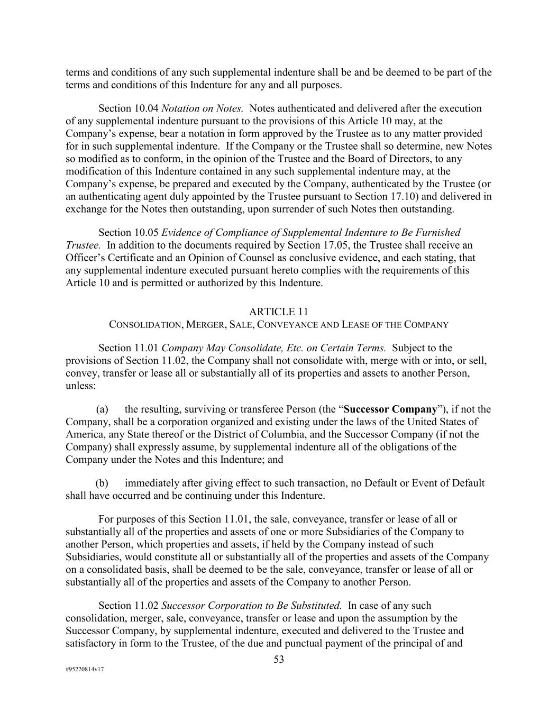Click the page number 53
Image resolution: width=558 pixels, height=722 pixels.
[x=279, y=659]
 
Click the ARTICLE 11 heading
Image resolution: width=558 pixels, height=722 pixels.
[x=279, y=312]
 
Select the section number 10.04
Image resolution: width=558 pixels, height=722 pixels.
[x=145, y=108]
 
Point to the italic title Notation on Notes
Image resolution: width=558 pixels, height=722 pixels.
[x=202, y=108]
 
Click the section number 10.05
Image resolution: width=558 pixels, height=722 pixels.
[x=145, y=233]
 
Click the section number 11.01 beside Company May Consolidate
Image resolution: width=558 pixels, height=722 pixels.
[x=145, y=348]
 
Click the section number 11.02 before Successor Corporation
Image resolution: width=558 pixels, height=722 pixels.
[x=145, y=606]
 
